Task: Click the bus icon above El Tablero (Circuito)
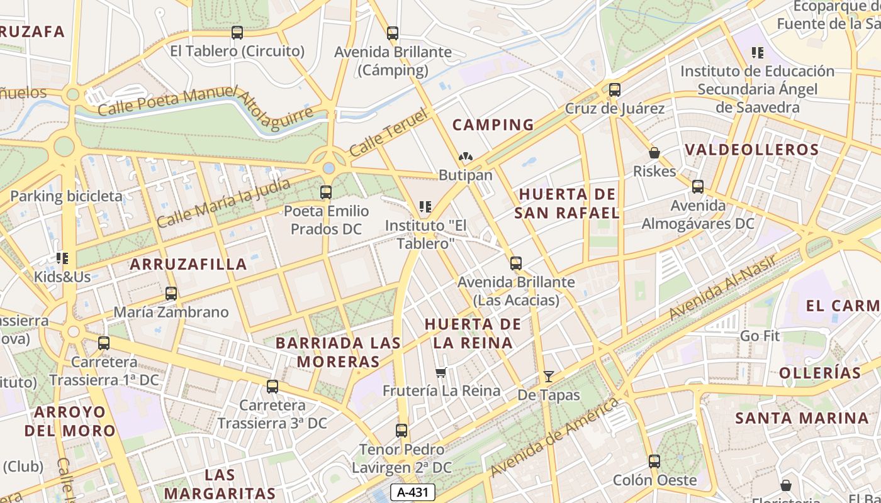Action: pyautogui.click(x=237, y=33)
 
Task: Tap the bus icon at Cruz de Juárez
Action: pyautogui.click(x=615, y=90)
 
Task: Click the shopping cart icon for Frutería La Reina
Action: pyautogui.click(x=441, y=373)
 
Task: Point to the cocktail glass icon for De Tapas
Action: pyautogui.click(x=549, y=377)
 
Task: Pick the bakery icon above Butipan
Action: pyautogui.click(x=466, y=157)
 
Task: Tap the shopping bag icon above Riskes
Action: pyautogui.click(x=654, y=153)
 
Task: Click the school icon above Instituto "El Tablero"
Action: pyautogui.click(x=425, y=207)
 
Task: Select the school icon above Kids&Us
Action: pyautogui.click(x=62, y=258)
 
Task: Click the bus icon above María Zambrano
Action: pyautogui.click(x=171, y=294)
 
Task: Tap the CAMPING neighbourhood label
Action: pyautogui.click(x=493, y=125)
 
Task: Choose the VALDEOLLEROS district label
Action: pyautogui.click(x=751, y=150)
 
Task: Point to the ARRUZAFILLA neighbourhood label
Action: pyautogui.click(x=188, y=264)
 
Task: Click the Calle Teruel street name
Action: pyautogui.click(x=388, y=133)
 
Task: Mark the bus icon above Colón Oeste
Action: pyautogui.click(x=654, y=462)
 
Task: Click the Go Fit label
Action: pyautogui.click(x=760, y=336)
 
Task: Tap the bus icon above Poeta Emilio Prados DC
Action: pyautogui.click(x=326, y=192)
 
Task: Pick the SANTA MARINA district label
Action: pyautogui.click(x=802, y=418)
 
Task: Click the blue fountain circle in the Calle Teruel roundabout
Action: pyautogui.click(x=328, y=168)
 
